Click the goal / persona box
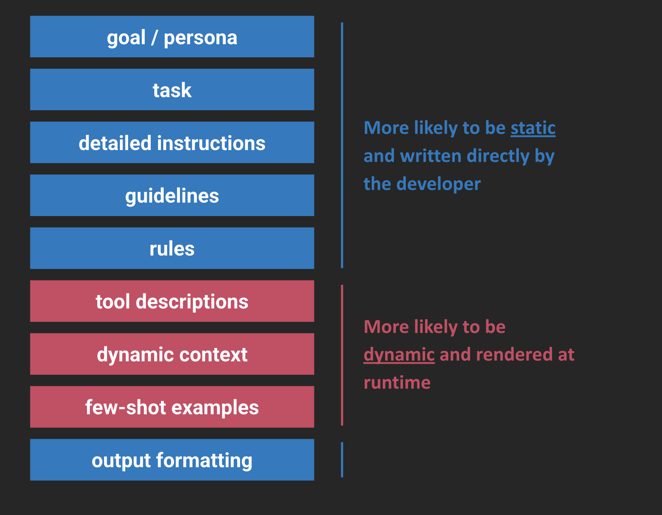(172, 37)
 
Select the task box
(172, 90)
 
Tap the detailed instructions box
(172, 143)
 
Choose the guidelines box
(172, 195)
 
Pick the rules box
(172, 248)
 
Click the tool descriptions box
(172, 301)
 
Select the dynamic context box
(172, 354)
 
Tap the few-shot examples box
(172, 407)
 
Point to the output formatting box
(172, 460)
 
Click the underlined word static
(533, 128)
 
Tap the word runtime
(397, 383)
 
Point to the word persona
(200, 38)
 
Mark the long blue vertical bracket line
(342, 145)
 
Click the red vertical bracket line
(342, 355)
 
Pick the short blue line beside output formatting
(342, 460)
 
